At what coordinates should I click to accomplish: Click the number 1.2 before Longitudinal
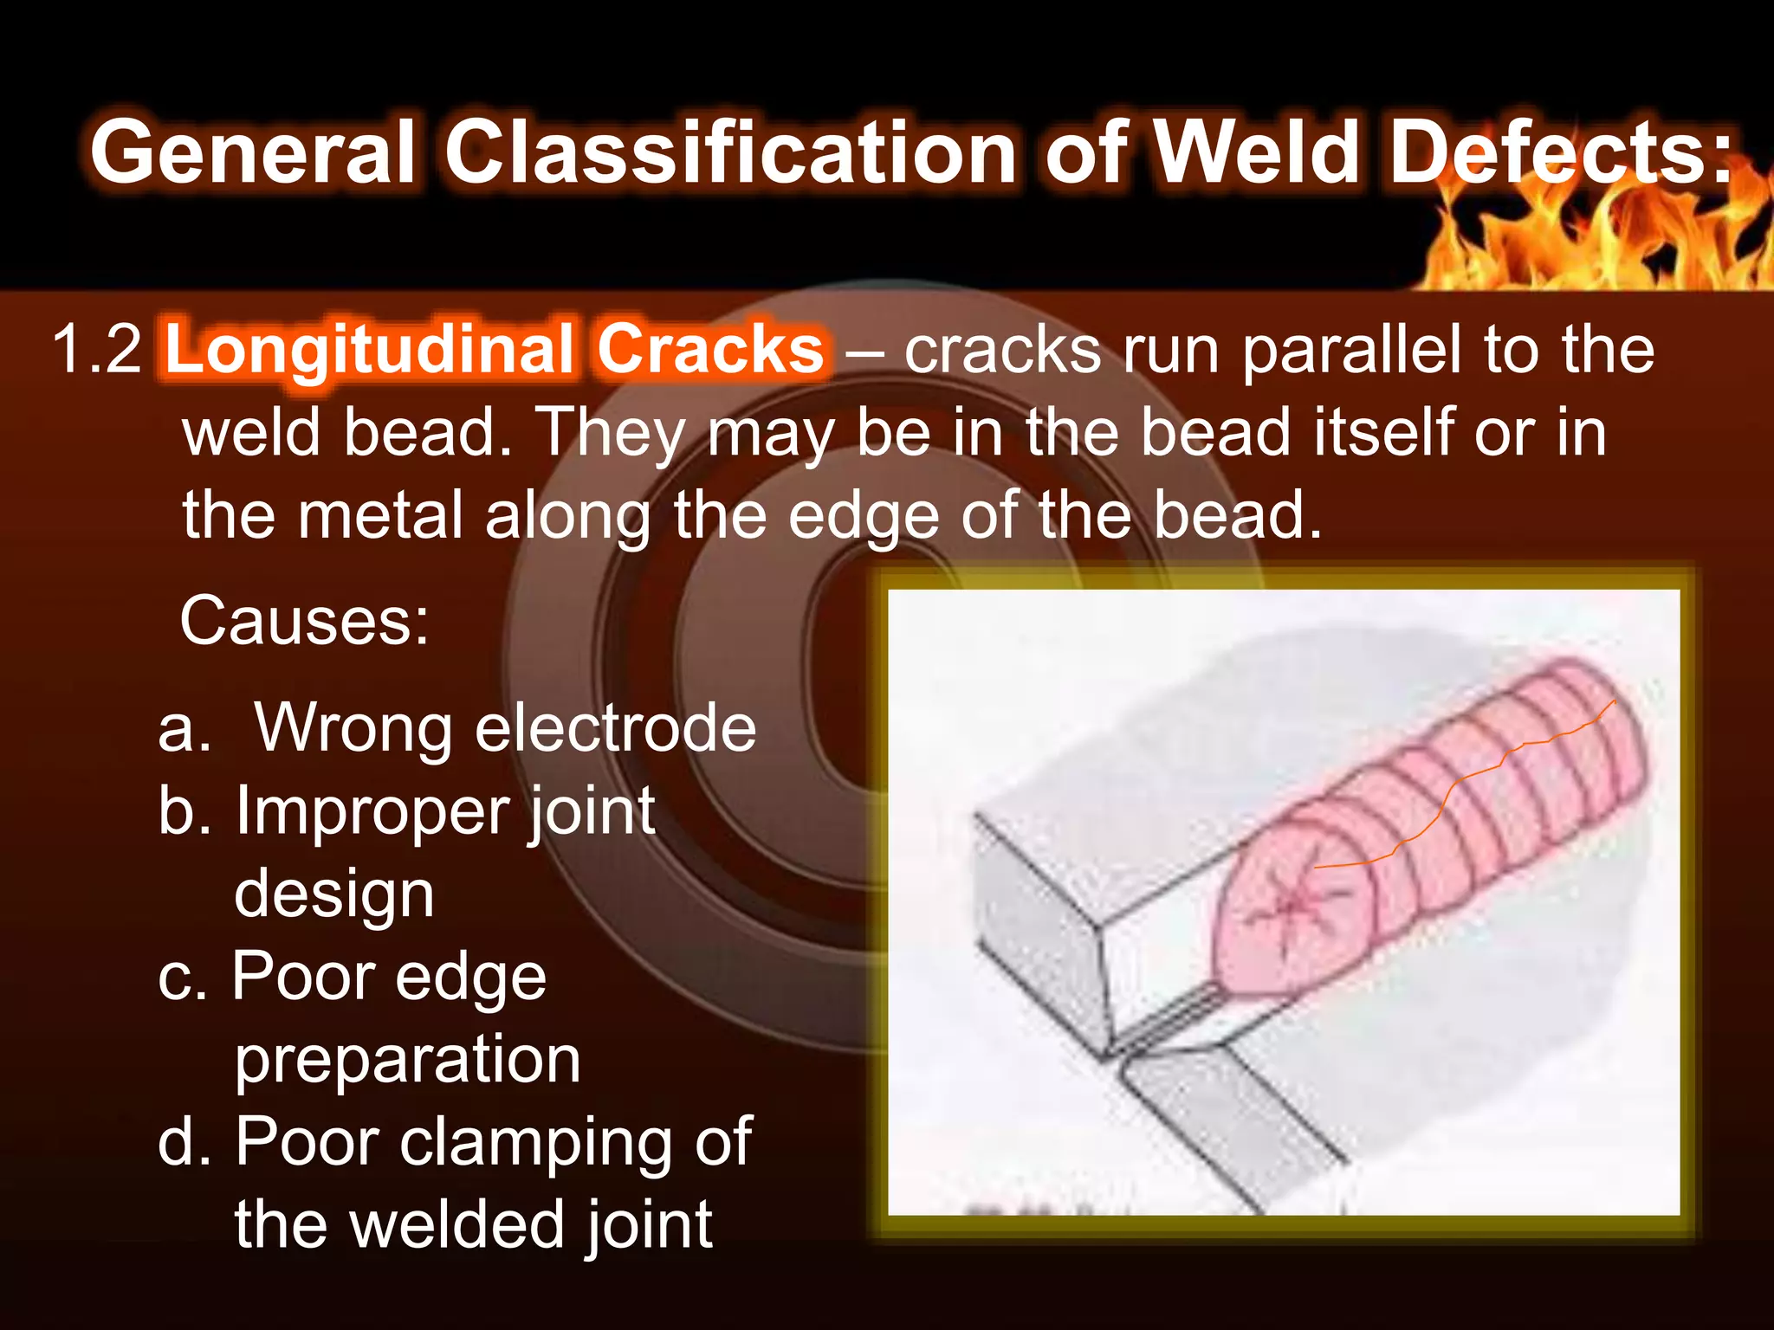(x=96, y=350)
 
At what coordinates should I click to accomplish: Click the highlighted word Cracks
(x=710, y=350)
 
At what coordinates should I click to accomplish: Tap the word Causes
(x=304, y=621)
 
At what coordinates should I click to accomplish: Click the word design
(x=333, y=894)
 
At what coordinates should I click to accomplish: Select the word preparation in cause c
(x=407, y=1060)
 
